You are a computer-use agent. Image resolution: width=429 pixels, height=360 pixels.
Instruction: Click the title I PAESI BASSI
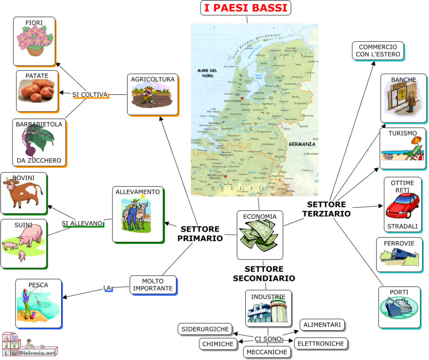point(246,8)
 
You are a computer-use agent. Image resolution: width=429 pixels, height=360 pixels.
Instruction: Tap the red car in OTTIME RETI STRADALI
point(402,206)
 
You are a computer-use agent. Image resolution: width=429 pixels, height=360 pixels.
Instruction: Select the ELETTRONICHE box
point(321,344)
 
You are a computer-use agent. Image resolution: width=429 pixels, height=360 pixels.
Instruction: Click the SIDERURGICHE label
point(205,329)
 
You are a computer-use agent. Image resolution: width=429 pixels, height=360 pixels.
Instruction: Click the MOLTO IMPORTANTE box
point(153,285)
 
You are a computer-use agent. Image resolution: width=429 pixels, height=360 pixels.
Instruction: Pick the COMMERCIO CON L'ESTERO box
point(378,51)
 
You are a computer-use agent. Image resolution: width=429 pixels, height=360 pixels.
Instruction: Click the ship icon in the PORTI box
point(399,307)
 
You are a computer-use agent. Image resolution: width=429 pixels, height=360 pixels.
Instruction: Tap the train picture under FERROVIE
point(399,258)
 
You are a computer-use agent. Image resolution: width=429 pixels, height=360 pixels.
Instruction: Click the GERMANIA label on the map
point(302,144)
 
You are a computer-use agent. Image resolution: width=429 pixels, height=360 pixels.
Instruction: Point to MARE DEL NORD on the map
point(207,73)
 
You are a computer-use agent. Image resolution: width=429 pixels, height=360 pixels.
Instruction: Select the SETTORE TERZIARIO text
point(326,209)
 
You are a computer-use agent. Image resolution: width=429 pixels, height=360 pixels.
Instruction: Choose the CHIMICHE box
point(219,344)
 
